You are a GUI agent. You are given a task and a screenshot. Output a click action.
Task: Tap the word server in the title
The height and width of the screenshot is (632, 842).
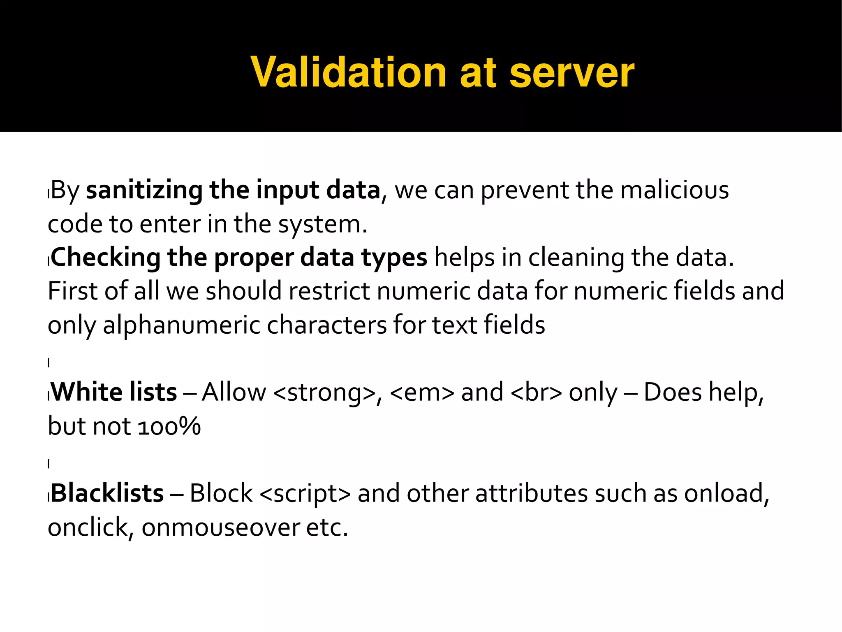(x=572, y=73)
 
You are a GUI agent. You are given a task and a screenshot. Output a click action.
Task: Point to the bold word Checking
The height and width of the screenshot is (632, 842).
(x=106, y=258)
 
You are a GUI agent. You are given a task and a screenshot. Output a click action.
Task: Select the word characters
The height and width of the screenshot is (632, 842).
(x=327, y=325)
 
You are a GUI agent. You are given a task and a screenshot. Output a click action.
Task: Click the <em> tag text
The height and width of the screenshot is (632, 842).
(x=422, y=393)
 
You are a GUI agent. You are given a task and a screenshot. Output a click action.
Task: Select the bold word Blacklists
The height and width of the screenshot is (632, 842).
(x=107, y=493)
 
